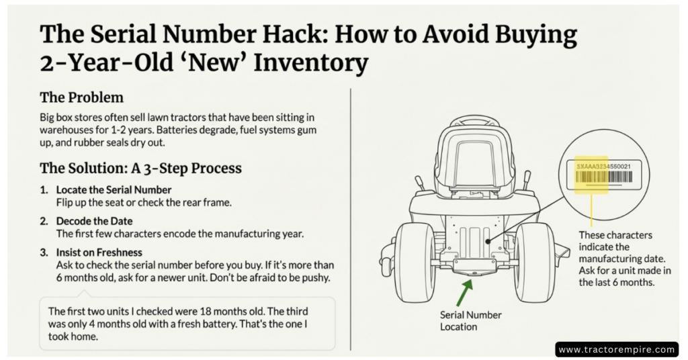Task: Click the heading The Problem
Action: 81,97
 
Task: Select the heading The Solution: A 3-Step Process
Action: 140,167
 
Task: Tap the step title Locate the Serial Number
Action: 114,190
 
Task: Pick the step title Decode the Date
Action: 94,221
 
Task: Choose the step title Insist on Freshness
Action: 99,253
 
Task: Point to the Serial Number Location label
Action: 470,321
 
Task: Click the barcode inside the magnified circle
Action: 604,177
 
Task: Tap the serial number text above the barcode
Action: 604,165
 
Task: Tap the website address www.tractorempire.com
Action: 616,349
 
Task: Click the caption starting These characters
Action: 615,259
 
